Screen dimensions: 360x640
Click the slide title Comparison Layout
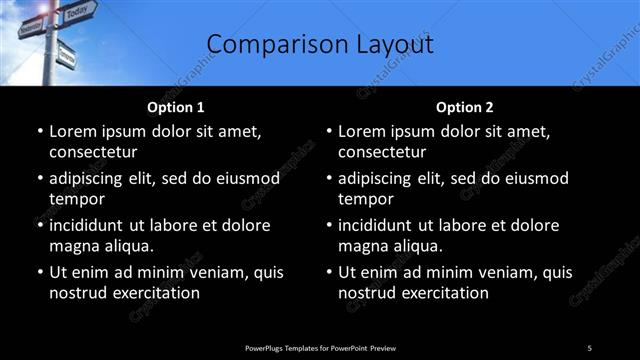click(319, 45)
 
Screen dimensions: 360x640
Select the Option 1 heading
click(176, 107)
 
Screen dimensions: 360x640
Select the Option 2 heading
click(465, 107)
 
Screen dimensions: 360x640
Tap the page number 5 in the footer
click(590, 347)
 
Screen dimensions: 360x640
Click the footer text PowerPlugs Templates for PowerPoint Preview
click(320, 347)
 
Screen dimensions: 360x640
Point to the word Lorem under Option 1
click(74, 131)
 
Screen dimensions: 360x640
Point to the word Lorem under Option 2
click(363, 131)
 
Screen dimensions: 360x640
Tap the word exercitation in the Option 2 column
click(441, 293)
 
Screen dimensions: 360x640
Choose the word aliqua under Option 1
click(126, 246)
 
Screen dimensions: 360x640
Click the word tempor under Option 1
click(75, 199)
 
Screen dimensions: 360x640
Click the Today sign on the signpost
click(76, 14)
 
